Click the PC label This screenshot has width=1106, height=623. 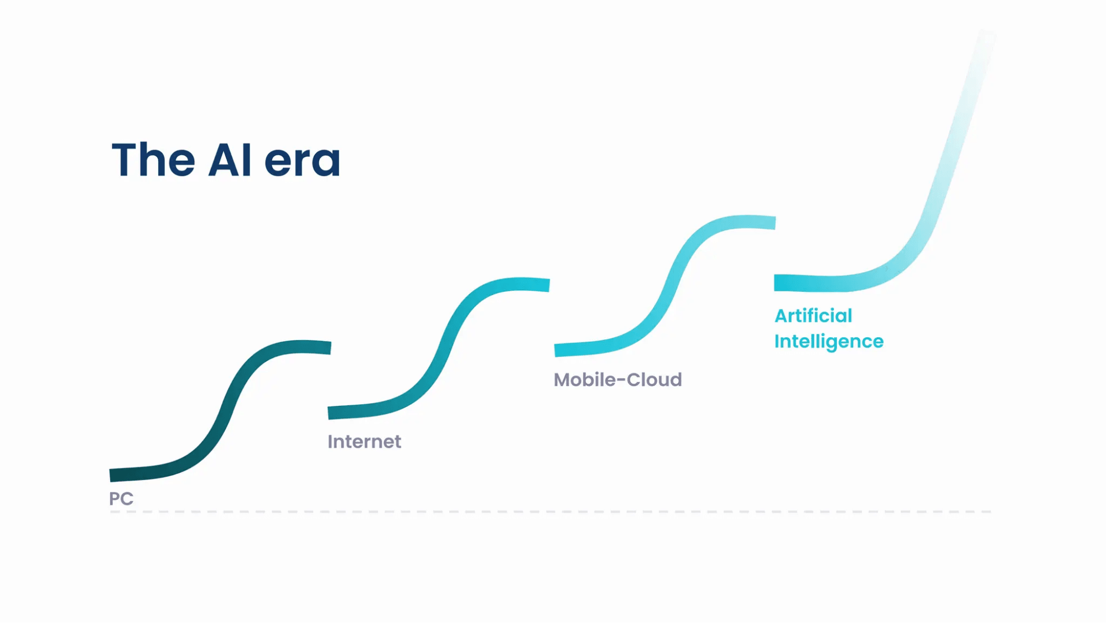point(121,498)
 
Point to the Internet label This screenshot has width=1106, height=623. point(364,441)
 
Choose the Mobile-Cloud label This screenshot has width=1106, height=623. point(617,379)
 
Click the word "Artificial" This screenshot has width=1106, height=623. point(813,315)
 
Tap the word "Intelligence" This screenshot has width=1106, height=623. point(829,342)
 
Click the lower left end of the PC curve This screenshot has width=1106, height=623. point(110,475)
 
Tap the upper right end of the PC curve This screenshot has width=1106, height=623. point(330,348)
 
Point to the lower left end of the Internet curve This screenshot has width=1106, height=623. point(329,413)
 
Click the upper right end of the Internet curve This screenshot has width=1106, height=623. point(549,285)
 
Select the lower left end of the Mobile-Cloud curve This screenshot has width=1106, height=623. point(555,350)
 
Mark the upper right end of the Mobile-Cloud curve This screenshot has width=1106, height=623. point(775,223)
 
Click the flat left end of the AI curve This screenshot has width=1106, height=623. point(775,282)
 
